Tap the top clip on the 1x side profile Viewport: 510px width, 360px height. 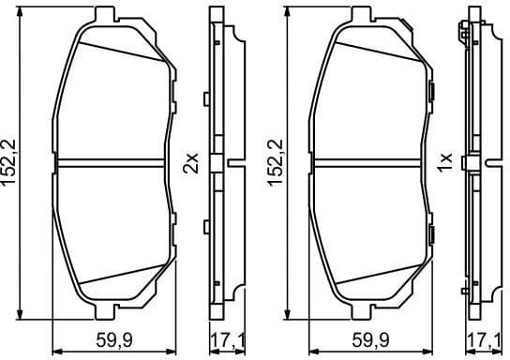[465, 34]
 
